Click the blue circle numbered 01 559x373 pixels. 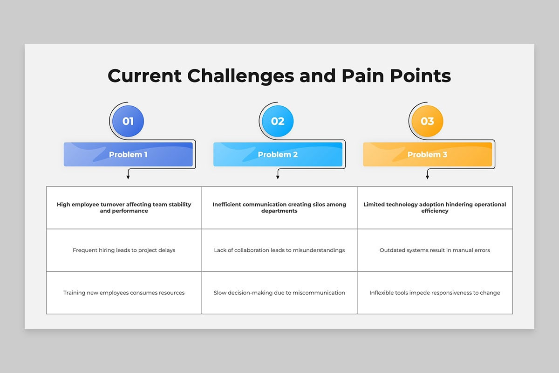tap(128, 121)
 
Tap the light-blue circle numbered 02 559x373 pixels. tap(278, 121)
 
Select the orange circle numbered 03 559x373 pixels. tap(428, 121)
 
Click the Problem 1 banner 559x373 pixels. tap(128, 154)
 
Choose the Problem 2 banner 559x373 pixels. tap(278, 154)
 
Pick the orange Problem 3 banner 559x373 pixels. tap(428, 154)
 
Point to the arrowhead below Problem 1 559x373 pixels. tap(128, 177)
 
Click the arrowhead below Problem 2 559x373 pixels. tap(278, 177)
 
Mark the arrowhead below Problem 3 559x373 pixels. tap(428, 177)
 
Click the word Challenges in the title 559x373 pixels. tap(240, 76)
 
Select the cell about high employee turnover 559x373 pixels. tap(124, 207)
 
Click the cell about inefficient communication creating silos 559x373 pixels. tap(279, 207)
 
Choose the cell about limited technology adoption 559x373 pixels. tap(435, 207)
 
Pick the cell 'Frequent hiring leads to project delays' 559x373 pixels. tap(124, 250)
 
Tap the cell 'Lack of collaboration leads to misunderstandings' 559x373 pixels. tap(279, 250)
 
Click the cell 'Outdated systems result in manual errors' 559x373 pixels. tap(435, 250)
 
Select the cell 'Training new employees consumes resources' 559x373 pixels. tap(124, 293)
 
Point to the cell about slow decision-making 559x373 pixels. tap(279, 293)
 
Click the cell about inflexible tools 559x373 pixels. tap(435, 293)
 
